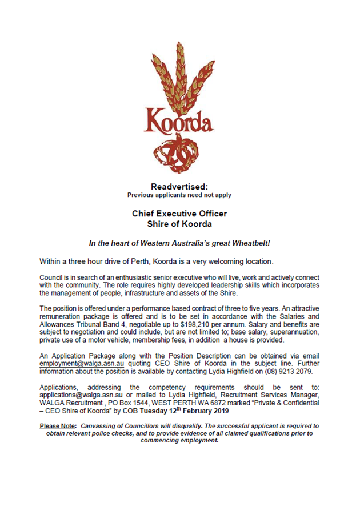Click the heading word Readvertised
[x=179, y=187]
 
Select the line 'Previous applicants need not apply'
[x=179, y=195]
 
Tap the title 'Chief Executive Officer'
[x=179, y=213]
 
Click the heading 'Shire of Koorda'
[x=179, y=223]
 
